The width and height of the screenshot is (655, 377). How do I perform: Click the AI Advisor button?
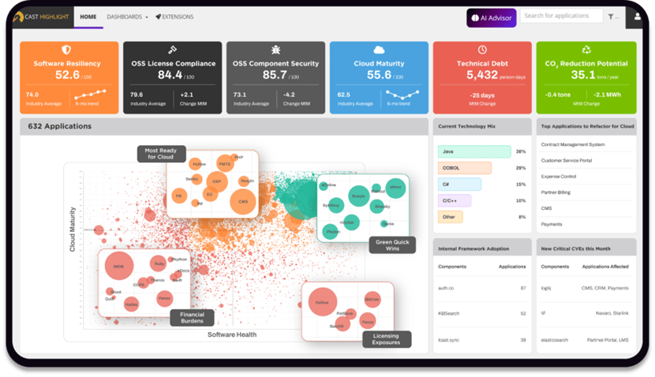point(491,17)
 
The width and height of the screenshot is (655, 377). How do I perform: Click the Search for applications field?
point(561,16)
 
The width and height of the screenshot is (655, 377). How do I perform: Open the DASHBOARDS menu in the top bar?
point(127,16)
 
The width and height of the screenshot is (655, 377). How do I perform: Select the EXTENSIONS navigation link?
point(174,16)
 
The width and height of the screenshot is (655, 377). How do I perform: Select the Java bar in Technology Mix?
point(473,151)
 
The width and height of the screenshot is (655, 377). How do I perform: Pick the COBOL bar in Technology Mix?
point(464,167)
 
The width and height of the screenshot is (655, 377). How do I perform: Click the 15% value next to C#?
point(521,184)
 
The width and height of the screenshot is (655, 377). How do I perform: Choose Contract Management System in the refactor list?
point(573,144)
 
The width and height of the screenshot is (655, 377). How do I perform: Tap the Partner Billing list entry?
point(559,192)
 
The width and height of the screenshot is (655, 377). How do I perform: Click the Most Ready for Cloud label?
point(161,153)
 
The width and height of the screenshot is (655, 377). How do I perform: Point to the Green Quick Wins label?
point(393,245)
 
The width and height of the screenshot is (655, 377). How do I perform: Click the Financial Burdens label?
point(192,318)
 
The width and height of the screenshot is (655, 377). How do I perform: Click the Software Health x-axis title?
point(232,334)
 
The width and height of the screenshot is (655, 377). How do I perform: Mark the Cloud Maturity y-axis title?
point(73,230)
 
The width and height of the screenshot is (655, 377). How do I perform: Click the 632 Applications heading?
point(60,125)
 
